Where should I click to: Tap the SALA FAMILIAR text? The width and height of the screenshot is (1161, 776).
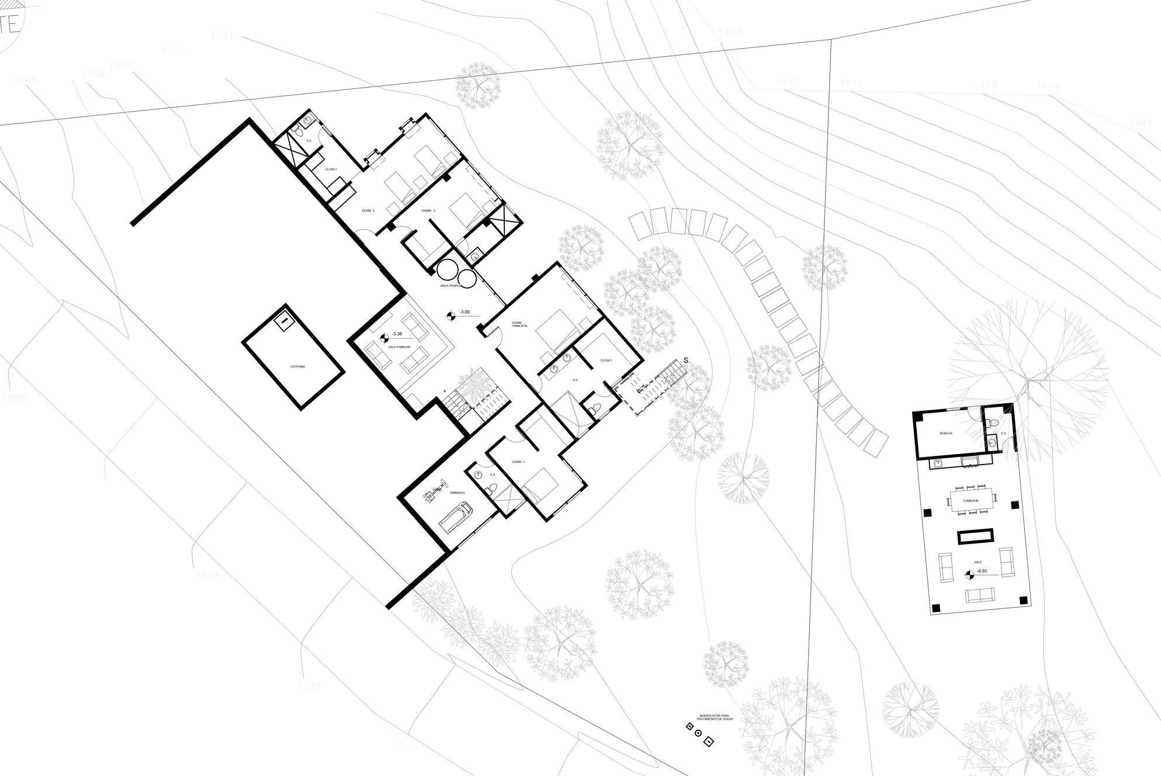(399, 347)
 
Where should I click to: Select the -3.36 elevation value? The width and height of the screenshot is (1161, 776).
(397, 334)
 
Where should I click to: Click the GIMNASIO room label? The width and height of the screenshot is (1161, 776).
(457, 493)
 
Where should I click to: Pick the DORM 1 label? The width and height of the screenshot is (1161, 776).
(518, 462)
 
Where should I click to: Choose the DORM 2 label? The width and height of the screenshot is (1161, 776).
(428, 210)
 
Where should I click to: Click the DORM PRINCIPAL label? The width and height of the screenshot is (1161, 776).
(520, 324)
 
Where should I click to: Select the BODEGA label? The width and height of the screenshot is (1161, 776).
(946, 433)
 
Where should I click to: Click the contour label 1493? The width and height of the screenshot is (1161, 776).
(729, 32)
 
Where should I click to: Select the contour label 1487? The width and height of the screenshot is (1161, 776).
(1140, 123)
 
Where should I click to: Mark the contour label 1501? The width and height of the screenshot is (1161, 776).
(222, 36)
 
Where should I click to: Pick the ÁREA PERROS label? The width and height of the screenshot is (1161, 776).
(452, 286)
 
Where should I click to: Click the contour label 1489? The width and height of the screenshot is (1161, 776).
(985, 86)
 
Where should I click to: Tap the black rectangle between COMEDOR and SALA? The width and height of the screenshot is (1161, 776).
(975, 537)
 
